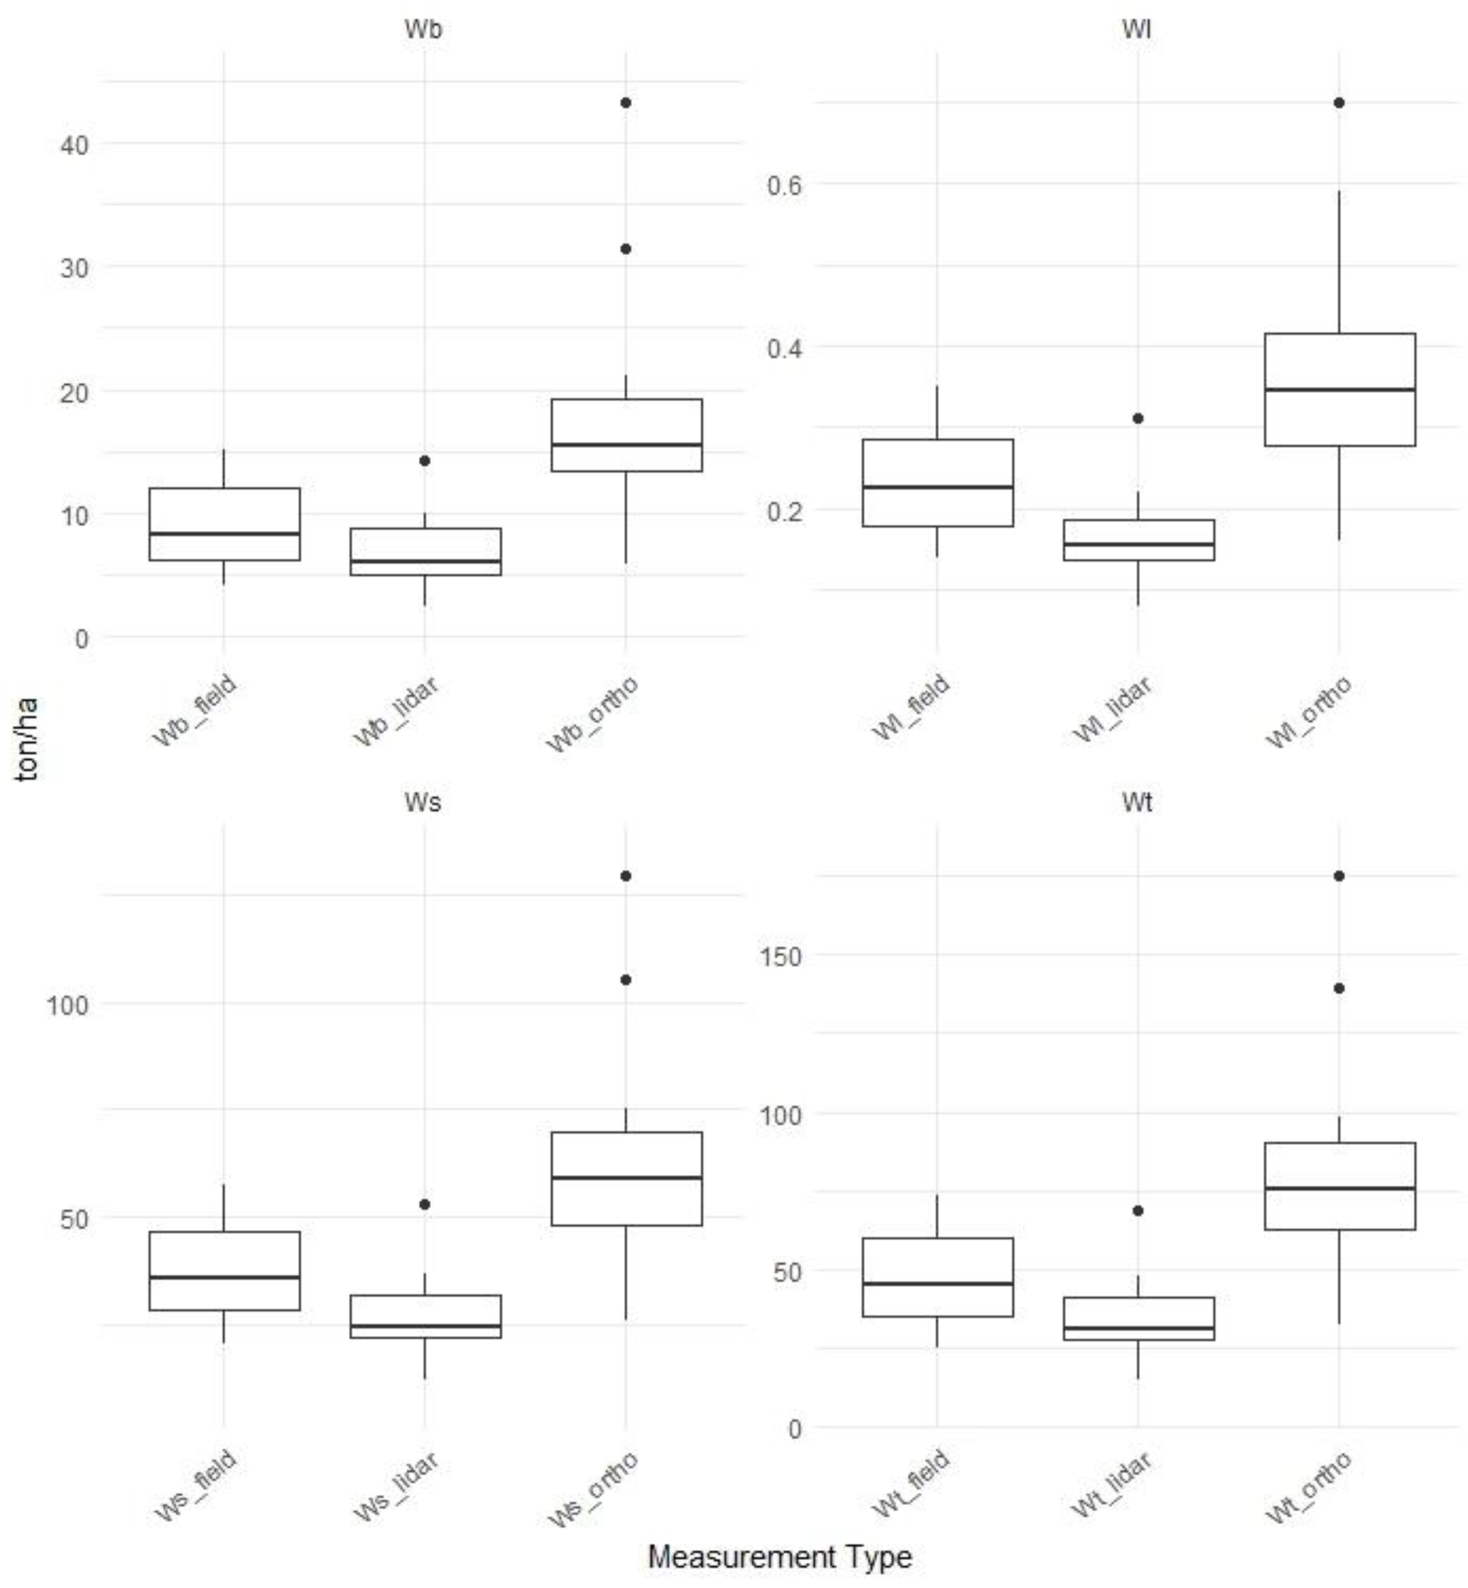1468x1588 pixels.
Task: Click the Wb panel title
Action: [x=423, y=29]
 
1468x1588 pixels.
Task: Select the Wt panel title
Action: [x=1137, y=802]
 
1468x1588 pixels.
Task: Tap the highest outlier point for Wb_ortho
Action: [x=626, y=102]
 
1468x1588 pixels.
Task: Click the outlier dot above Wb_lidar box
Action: [x=425, y=461]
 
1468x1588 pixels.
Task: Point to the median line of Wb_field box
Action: [x=224, y=534]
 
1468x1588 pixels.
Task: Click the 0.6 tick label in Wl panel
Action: [x=784, y=185]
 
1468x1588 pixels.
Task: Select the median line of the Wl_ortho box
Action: [x=1339, y=390]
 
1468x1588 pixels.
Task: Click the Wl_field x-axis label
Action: [x=912, y=708]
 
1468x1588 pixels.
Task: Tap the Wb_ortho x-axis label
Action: [x=592, y=714]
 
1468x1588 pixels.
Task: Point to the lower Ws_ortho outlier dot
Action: [x=626, y=980]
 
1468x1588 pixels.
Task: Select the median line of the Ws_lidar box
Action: [x=425, y=1326]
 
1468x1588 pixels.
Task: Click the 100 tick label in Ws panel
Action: [x=67, y=1005]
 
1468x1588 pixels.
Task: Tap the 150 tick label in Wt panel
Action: [x=781, y=956]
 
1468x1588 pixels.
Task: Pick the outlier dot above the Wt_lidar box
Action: [x=1138, y=1211]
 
